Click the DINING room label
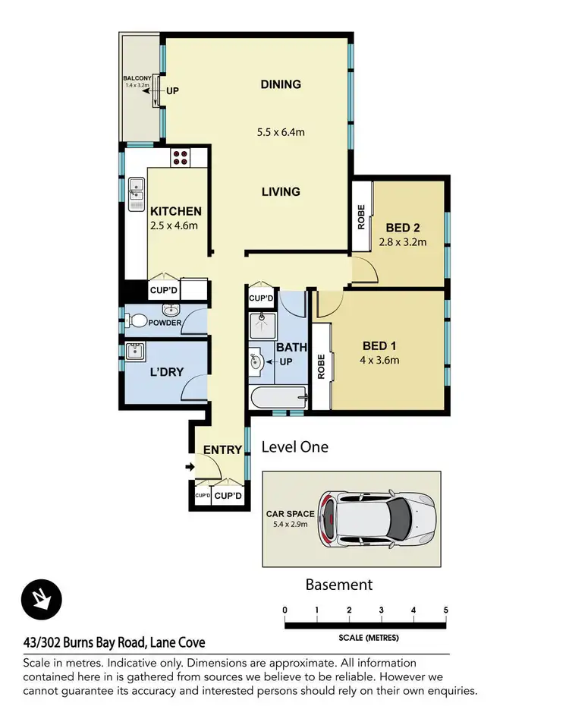point(281,84)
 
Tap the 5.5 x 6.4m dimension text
point(281,132)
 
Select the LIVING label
point(281,192)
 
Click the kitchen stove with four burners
point(181,157)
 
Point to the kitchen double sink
point(137,194)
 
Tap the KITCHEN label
point(175,211)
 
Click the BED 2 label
point(403,228)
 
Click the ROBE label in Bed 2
point(361,217)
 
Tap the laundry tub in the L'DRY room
point(137,352)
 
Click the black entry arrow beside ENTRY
point(188,466)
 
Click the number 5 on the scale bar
point(445,610)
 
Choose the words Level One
point(294,446)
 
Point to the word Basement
point(338,585)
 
